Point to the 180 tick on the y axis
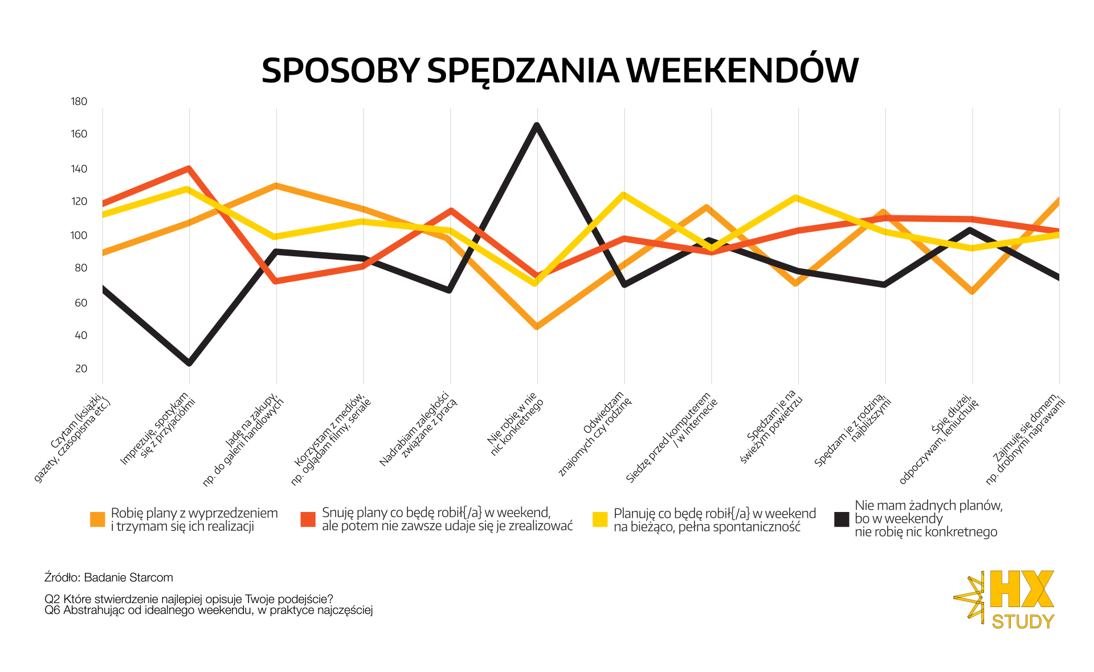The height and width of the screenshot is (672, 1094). (79, 101)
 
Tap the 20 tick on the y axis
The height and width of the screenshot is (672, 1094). (81, 368)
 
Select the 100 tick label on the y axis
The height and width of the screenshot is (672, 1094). (79, 235)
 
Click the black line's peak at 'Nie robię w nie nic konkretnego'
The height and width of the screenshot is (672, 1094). (537, 125)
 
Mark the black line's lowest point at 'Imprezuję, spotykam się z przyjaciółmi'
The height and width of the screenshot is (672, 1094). (189, 363)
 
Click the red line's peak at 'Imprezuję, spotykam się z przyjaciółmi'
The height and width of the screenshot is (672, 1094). (188, 169)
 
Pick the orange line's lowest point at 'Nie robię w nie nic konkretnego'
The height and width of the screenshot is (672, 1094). (537, 327)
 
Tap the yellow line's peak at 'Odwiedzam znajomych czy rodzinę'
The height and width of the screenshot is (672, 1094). (623, 195)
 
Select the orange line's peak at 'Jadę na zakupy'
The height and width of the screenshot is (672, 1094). (276, 186)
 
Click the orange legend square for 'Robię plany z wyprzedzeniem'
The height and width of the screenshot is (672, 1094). (97, 519)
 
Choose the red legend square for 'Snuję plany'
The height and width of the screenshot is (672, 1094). (308, 519)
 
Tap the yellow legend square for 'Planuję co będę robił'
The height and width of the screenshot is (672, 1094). (600, 519)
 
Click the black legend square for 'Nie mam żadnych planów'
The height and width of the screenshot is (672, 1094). (842, 519)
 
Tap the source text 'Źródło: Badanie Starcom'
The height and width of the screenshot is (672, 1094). (109, 577)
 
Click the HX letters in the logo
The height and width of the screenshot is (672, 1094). (1022, 589)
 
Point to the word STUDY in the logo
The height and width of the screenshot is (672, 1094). (1023, 621)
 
